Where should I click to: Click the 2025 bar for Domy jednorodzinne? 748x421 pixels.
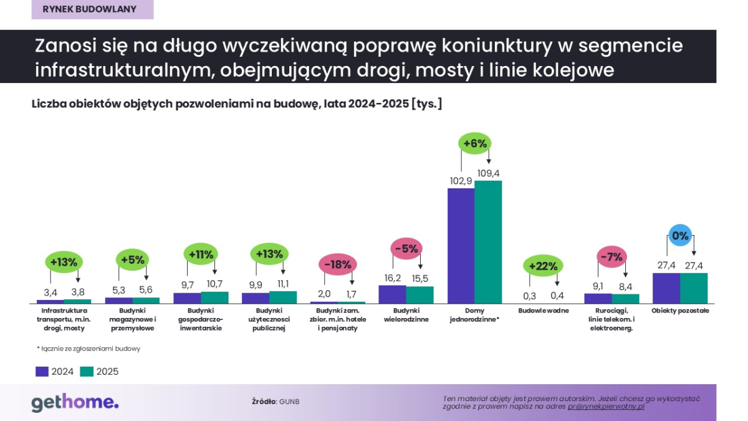point(488,242)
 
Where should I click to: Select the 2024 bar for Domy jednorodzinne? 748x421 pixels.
point(461,246)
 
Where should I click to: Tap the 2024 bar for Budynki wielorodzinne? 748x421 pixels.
point(392,294)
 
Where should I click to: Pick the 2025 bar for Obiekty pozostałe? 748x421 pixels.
point(694,288)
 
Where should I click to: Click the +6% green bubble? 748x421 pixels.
point(475,143)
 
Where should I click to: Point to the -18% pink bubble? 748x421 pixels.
point(338,264)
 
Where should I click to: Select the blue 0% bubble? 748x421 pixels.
point(680,236)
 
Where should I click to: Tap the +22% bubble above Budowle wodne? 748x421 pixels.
point(543,266)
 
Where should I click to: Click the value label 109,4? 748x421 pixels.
point(488,173)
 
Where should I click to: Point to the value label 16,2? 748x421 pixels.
point(392,278)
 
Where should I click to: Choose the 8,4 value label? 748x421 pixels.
point(625,286)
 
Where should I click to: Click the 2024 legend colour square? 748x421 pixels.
point(42,372)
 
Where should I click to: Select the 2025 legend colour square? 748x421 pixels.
point(87,372)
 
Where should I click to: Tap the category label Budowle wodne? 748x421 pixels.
point(544,311)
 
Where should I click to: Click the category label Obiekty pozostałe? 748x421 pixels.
point(680,311)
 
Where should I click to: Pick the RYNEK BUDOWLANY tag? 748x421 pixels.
point(92,9)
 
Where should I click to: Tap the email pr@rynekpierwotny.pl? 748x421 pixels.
point(606,407)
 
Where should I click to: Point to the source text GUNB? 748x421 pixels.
point(289,401)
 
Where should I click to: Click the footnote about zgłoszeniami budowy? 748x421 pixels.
point(89,349)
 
